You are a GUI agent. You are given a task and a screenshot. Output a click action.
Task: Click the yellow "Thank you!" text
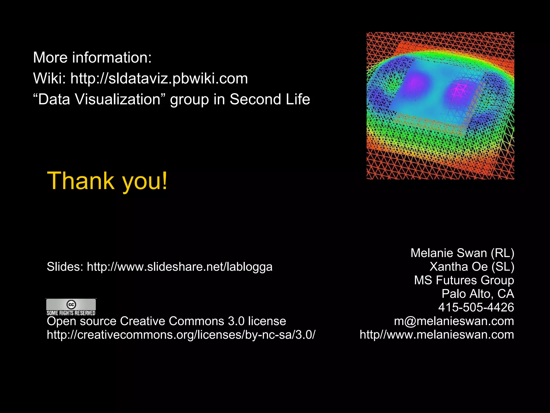coord(107,181)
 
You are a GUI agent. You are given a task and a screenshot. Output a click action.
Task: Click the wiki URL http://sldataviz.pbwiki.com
coord(159,79)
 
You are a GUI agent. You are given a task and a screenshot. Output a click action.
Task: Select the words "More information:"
coord(92,58)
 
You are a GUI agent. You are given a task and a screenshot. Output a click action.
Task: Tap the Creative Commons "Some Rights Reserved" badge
coord(71,307)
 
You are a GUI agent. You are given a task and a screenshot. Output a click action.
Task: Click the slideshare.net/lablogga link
coord(179,267)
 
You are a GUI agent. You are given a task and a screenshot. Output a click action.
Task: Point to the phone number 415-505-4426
coord(476,307)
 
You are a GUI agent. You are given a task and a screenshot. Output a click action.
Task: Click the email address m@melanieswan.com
coord(454,321)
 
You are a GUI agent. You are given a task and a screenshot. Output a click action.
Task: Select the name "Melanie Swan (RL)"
coord(462,253)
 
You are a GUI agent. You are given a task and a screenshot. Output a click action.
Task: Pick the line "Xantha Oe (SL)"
coord(472,267)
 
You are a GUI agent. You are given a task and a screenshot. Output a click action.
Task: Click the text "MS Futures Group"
coord(464,280)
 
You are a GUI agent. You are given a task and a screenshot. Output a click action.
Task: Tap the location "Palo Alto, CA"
coord(478,294)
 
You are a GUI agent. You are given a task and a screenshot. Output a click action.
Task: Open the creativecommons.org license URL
coord(181,335)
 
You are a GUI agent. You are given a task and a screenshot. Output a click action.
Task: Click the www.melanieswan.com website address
coord(437,335)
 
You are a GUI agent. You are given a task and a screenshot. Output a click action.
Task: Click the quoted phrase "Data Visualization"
coord(99,99)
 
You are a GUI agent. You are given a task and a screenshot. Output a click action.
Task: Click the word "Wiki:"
coord(49,79)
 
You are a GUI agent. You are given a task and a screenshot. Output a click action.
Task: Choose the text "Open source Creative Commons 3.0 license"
coord(166,321)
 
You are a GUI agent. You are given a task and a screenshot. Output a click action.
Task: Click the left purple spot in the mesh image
coord(415,81)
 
